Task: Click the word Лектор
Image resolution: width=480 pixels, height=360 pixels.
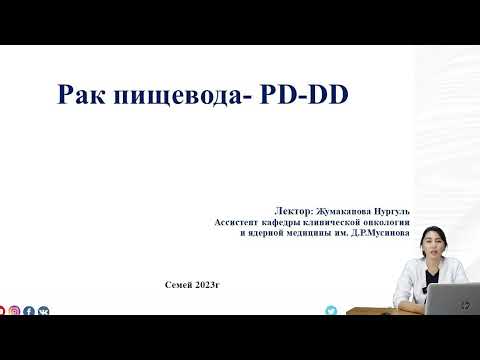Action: (x=292, y=213)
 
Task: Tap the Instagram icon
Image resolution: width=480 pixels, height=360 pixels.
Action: (x=15, y=312)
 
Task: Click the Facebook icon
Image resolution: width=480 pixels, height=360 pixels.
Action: (x=29, y=312)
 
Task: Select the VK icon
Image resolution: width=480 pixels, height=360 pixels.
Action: (x=43, y=312)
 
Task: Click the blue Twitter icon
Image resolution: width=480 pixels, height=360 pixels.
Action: (x=331, y=311)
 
